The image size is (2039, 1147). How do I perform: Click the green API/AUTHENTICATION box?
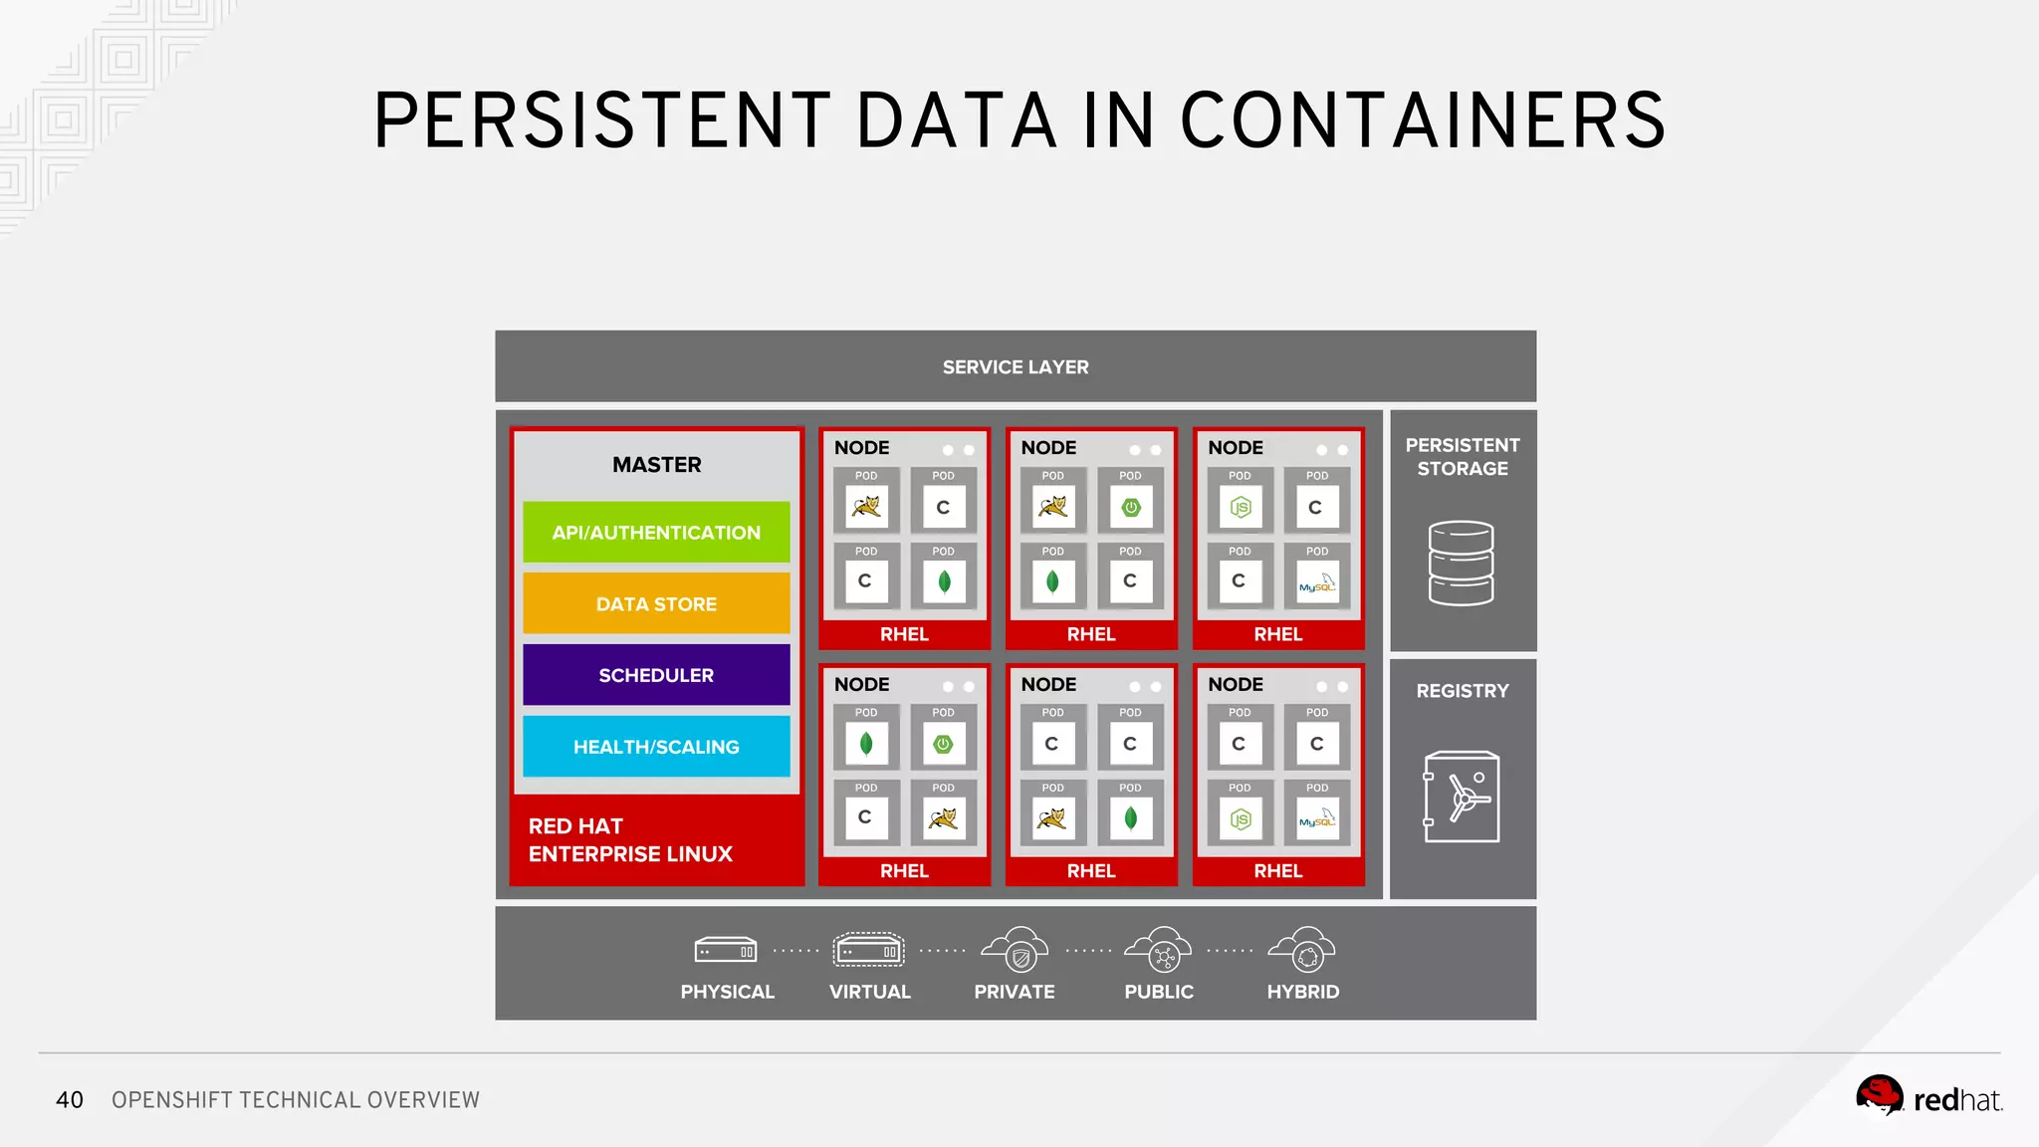coord(656,533)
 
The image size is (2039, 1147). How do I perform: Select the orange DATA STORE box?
coord(656,604)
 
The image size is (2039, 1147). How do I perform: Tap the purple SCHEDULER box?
coord(656,675)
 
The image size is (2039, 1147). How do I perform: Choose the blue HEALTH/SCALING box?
coord(656,747)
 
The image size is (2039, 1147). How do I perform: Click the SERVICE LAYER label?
coord(1016,367)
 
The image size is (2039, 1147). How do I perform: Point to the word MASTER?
coord(656,465)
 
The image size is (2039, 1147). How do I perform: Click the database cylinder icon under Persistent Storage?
coord(1461,564)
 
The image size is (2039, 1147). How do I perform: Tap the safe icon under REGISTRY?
coord(1461,797)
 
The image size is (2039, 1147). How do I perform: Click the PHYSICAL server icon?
coord(726,951)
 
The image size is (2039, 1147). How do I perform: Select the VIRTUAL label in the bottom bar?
coord(869,992)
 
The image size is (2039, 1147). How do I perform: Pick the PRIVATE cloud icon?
coord(1016,950)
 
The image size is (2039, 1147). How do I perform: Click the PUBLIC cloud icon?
coord(1159,950)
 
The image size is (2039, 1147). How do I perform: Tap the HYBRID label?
coord(1302,992)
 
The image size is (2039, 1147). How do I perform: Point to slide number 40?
coord(70,1100)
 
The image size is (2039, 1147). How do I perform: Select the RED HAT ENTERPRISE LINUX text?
coord(629,840)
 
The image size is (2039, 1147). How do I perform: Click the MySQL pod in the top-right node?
coord(1316,582)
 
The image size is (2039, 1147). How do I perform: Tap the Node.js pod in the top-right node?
coord(1240,508)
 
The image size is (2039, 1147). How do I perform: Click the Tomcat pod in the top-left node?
coord(866,508)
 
